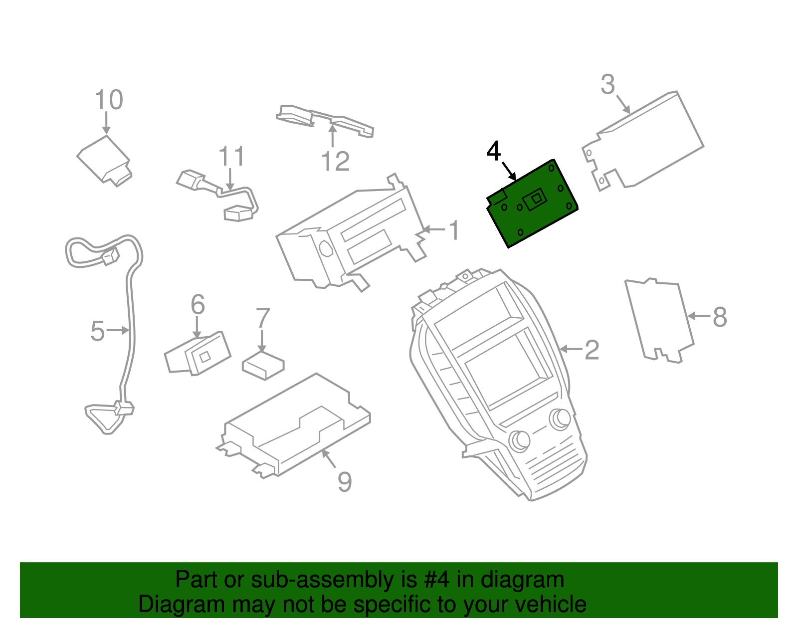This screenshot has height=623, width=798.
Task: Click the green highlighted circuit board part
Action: pyautogui.click(x=532, y=205)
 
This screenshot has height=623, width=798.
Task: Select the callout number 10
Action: pyautogui.click(x=109, y=100)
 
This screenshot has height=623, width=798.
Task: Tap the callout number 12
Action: pyautogui.click(x=335, y=161)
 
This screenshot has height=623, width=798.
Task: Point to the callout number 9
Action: pyautogui.click(x=345, y=481)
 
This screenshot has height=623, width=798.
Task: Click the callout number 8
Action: pyautogui.click(x=720, y=317)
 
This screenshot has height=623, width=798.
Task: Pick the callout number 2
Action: pyautogui.click(x=592, y=350)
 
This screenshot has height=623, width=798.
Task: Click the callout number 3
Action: pyautogui.click(x=607, y=85)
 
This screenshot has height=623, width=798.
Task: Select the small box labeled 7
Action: pyautogui.click(x=263, y=366)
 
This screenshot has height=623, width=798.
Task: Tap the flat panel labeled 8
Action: pyautogui.click(x=658, y=319)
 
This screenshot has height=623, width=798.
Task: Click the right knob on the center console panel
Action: pyautogui.click(x=560, y=418)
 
